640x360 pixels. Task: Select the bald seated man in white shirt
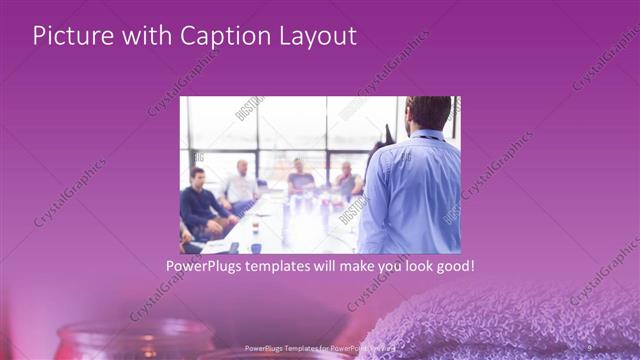tap(241, 184)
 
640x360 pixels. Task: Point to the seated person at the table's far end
tap(301, 180)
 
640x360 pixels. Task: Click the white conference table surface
tap(300, 225)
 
